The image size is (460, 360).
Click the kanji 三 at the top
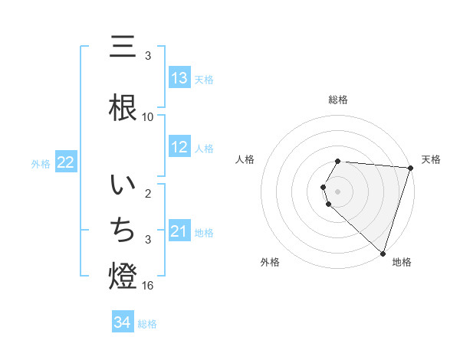tap(124, 47)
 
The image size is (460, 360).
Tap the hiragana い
tap(124, 186)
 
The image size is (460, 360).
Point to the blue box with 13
tap(179, 78)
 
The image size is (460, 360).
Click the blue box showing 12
tap(179, 147)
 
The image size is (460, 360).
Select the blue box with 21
tap(179, 231)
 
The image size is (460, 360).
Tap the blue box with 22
tap(66, 162)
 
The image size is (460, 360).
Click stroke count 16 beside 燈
tap(149, 286)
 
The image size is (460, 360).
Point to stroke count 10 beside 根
tap(148, 117)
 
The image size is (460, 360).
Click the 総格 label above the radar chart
tap(338, 100)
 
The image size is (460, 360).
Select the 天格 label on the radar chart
tap(431, 159)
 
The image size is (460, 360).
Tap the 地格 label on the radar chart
tap(402, 262)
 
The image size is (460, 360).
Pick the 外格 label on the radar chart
tap(270, 262)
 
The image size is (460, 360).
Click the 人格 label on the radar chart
tap(245, 159)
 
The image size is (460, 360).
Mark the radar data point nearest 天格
tap(410, 168)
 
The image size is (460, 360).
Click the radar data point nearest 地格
tap(383, 253)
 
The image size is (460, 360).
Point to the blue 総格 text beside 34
tap(147, 324)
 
